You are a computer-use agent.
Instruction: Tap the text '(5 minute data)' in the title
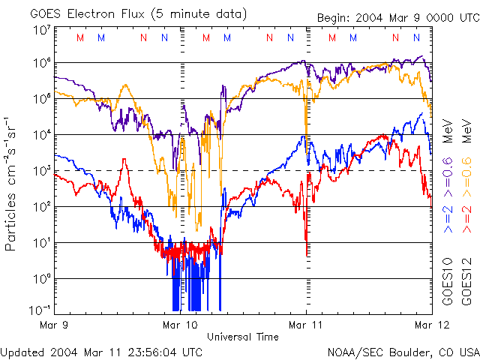[201, 13]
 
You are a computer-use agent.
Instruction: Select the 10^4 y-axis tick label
[41, 135]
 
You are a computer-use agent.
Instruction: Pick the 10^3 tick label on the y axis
[41, 171]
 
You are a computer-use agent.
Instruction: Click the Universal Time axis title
[242, 337]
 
